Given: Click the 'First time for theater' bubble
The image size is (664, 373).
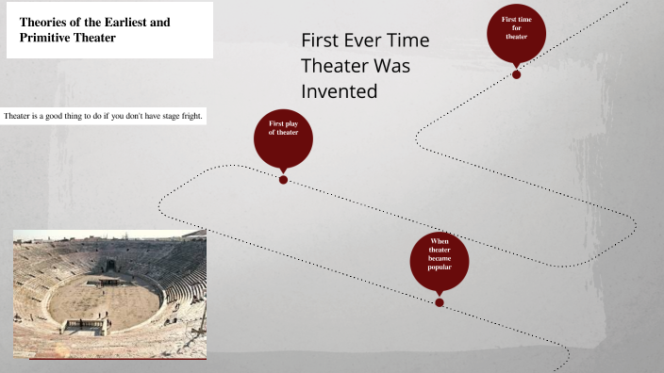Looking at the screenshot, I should [x=516, y=31].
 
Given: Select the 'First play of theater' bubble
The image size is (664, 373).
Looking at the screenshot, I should [x=283, y=136].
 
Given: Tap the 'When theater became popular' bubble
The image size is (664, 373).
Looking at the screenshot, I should [x=440, y=257].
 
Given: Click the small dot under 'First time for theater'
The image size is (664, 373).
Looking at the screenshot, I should [x=516, y=74].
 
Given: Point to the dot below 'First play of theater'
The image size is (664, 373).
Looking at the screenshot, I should [x=283, y=179].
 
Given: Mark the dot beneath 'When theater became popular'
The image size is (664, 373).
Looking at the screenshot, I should [x=440, y=302].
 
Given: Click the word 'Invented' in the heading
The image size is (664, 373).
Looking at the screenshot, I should [x=339, y=91].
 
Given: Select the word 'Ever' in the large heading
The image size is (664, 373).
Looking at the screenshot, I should [x=361, y=41].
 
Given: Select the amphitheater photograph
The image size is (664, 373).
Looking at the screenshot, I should [x=109, y=293].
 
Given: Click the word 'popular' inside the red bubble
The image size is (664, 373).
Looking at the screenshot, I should [x=440, y=268].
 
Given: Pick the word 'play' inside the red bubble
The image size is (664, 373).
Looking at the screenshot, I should [x=290, y=123].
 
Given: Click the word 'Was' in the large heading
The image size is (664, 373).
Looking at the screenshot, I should [x=393, y=67].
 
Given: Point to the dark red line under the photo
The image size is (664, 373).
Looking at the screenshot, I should [x=118, y=358].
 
